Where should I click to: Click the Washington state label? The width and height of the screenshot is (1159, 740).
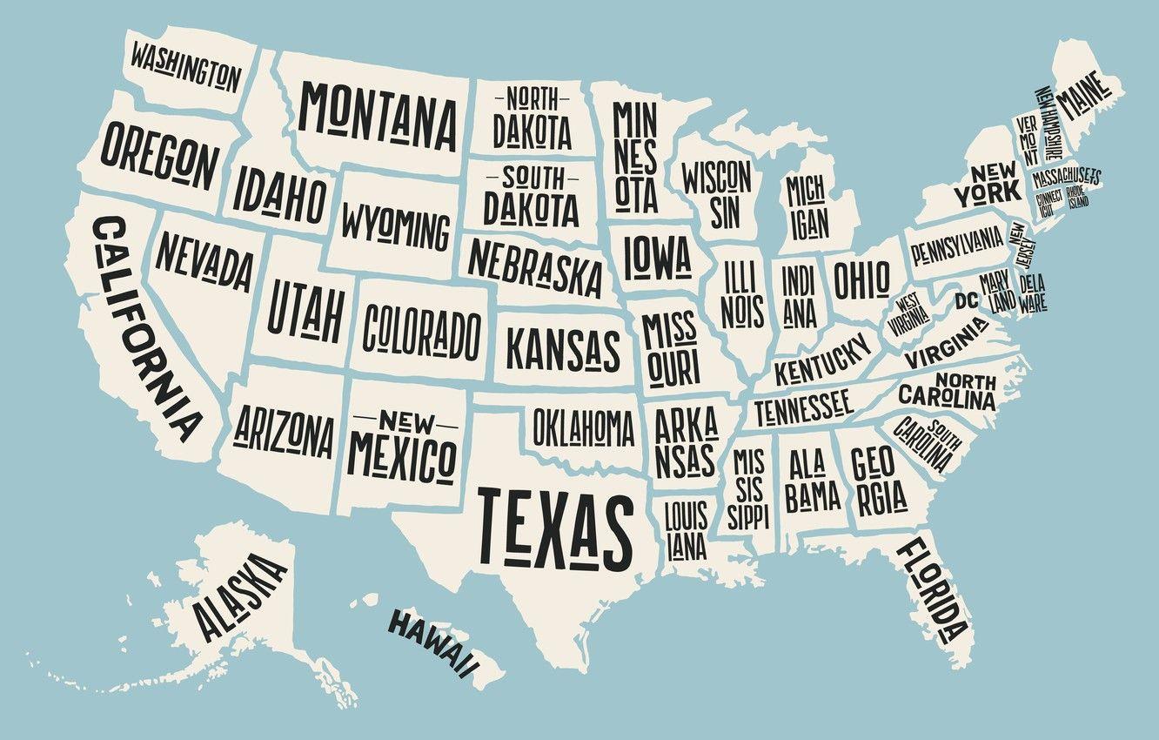pos(185,69)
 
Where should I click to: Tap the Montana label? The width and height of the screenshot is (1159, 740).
pos(379,115)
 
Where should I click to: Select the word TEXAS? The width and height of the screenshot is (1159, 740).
pos(555,525)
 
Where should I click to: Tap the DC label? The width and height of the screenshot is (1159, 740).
pos(966,301)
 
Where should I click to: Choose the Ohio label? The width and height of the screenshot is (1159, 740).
pos(861,279)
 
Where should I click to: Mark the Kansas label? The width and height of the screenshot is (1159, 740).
pos(563,348)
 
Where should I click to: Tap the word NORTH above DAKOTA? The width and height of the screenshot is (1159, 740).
pos(532,97)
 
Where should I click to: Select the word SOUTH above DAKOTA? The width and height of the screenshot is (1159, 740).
pos(533,178)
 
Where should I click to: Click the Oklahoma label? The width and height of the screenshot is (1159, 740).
pos(584,427)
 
